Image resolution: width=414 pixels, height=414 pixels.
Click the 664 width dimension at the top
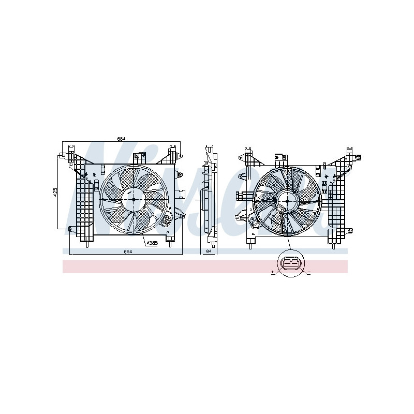121,139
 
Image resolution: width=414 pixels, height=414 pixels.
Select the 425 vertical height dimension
55,191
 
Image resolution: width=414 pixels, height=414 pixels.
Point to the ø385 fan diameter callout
152,243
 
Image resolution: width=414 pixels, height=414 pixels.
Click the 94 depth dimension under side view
209,252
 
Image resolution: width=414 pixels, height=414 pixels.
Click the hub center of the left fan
133,199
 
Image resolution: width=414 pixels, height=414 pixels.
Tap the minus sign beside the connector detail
308,271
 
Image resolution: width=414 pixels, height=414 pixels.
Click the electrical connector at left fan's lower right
168,221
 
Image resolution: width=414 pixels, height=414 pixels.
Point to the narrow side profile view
209,197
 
